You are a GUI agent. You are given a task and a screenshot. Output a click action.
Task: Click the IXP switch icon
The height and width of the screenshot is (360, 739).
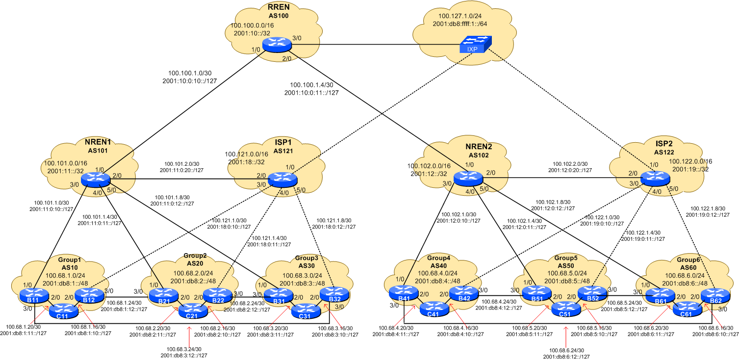[473, 47]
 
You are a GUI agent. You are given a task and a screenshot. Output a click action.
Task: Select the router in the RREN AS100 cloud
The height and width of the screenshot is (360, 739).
[277, 44]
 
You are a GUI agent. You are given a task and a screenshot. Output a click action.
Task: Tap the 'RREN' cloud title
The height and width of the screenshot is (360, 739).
[279, 7]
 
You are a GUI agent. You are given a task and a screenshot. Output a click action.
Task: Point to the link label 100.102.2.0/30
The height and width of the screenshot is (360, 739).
[570, 164]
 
